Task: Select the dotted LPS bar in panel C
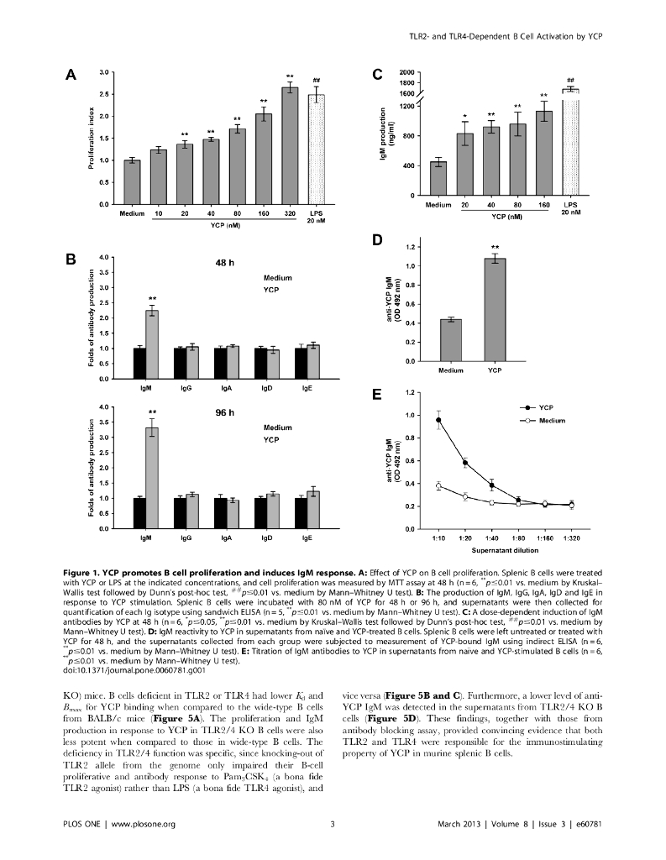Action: point(570,142)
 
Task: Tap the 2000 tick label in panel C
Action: point(408,73)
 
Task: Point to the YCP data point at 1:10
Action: point(438,420)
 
